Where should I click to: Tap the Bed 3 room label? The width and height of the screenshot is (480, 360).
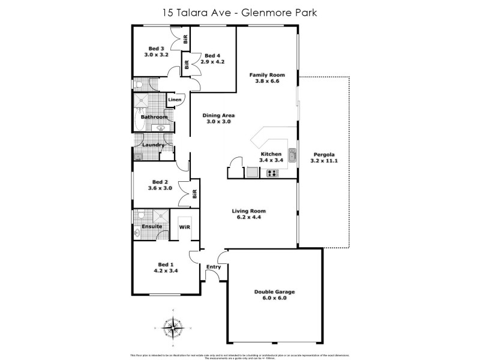click(x=156, y=48)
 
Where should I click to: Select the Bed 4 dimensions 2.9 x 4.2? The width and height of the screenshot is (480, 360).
click(x=212, y=61)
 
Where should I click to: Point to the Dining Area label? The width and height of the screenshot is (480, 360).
click(x=218, y=115)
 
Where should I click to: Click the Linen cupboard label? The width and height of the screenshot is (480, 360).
click(x=175, y=100)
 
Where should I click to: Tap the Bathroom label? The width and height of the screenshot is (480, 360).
click(x=154, y=117)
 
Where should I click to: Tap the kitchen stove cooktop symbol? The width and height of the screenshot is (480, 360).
click(x=272, y=173)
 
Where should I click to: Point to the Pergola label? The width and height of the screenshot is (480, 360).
click(x=323, y=154)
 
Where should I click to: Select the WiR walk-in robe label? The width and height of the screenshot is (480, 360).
click(x=184, y=227)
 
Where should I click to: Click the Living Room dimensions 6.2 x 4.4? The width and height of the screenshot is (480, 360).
click(x=250, y=218)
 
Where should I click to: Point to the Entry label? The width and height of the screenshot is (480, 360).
click(x=214, y=267)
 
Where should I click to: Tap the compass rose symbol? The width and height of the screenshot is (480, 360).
click(x=173, y=328)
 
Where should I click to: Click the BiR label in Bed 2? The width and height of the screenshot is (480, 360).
click(x=194, y=193)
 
